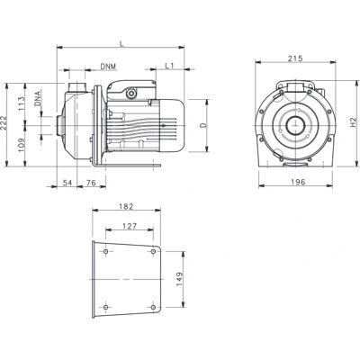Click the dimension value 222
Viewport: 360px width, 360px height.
pyautogui.click(x=4, y=123)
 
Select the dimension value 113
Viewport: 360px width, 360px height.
pyautogui.click(x=22, y=103)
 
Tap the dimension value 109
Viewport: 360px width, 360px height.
pyautogui.click(x=22, y=145)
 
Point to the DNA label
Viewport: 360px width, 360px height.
pyautogui.click(x=38, y=98)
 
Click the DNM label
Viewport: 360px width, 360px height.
pyautogui.click(x=108, y=67)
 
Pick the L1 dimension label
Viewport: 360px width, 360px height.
pyautogui.click(x=169, y=66)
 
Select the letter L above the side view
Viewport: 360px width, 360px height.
pyautogui.click(x=121, y=43)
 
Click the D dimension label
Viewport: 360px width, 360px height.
pyautogui.click(x=203, y=125)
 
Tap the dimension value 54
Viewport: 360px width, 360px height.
pyautogui.click(x=67, y=183)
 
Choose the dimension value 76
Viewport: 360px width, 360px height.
pyautogui.click(x=91, y=183)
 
